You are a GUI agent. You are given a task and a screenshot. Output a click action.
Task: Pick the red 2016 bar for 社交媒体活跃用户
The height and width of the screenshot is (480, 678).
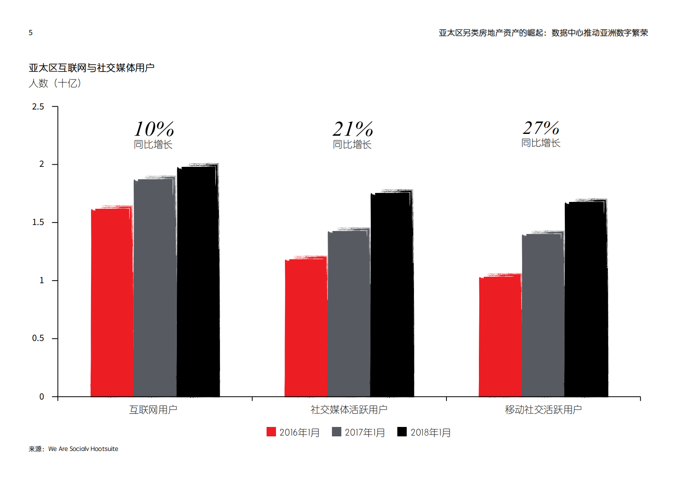306,327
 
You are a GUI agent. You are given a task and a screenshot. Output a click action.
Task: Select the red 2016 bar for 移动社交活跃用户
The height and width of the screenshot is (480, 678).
500,336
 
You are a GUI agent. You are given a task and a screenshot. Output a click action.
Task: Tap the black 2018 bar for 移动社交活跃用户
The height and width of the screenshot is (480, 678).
586,299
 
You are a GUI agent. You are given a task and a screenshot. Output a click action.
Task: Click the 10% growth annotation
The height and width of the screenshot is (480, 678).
153,129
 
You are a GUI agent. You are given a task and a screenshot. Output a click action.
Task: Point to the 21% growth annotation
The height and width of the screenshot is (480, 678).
352,129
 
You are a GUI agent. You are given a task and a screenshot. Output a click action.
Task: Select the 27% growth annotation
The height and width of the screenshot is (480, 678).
541,127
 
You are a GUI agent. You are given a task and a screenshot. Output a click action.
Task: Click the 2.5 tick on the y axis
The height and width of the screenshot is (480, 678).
38,107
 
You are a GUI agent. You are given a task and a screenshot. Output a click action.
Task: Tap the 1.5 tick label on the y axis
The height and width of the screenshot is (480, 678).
38,222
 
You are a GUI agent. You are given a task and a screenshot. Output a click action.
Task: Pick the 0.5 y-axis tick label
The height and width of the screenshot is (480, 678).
38,338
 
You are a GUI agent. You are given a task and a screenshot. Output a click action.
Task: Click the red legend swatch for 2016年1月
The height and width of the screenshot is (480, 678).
271,432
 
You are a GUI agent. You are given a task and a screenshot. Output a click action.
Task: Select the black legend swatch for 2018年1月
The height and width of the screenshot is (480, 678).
402,432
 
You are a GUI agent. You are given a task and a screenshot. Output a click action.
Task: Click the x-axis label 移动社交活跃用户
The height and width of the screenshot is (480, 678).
543,410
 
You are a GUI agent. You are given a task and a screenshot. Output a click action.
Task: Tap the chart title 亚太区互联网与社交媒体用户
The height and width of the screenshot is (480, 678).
91,68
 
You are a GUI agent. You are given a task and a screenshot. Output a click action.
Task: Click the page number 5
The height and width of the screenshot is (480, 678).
31,33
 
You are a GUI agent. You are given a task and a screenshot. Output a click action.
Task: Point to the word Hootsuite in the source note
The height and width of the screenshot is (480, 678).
104,449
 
